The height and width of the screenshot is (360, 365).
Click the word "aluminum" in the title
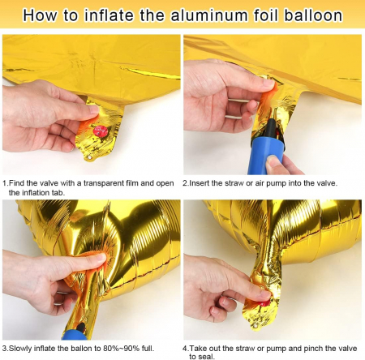pos(208,15)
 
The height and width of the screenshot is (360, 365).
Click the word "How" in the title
pos(40,15)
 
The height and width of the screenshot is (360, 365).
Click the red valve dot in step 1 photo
pos(100,131)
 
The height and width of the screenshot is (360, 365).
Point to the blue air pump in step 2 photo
pos(266,154)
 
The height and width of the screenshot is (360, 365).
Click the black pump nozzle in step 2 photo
pos(272,128)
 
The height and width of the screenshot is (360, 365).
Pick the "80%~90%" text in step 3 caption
pos(122,348)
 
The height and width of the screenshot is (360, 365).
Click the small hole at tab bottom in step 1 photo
pos(90,157)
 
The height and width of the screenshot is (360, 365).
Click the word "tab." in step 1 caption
pos(58,193)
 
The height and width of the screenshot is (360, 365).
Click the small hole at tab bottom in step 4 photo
pos(255,328)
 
